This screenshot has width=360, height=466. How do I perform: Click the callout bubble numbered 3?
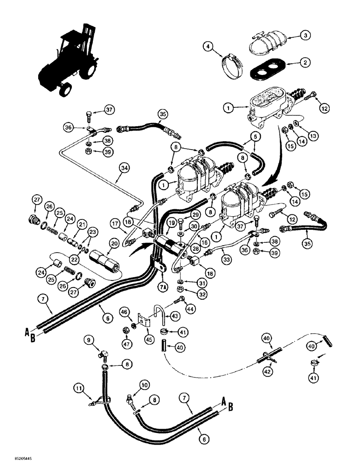(305, 35)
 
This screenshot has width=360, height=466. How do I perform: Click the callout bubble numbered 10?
(143, 384)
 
